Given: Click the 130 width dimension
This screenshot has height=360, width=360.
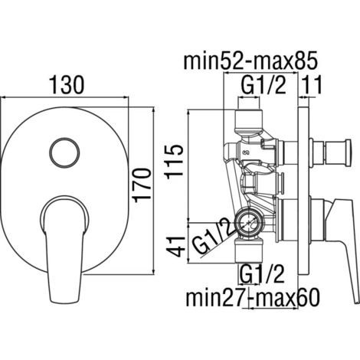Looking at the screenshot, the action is coord(67,85).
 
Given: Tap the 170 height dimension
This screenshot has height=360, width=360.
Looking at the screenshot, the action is coord(142,185).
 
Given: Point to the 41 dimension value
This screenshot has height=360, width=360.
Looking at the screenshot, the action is coord(175,247).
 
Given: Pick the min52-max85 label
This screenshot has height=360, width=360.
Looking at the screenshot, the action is coord(250,61).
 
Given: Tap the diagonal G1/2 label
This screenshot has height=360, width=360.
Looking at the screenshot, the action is coord(213,236).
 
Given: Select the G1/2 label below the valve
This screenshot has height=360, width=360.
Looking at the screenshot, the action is coord(262,274).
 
